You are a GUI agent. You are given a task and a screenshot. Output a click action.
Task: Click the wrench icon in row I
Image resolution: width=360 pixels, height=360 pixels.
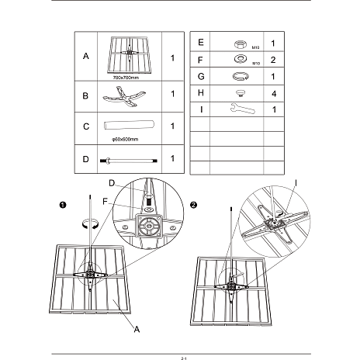click(x=243, y=109)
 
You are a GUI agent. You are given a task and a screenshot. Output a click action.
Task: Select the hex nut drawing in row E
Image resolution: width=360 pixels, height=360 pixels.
click(x=241, y=44)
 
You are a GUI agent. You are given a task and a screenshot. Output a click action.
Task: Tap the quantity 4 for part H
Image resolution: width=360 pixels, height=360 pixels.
click(x=274, y=94)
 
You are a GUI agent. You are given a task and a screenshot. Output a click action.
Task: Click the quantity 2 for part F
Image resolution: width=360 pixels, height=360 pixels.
click(x=273, y=60)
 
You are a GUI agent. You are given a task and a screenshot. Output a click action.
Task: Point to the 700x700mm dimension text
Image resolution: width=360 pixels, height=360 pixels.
click(x=126, y=78)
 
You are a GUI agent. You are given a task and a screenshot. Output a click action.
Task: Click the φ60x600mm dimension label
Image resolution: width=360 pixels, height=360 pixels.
click(x=125, y=140)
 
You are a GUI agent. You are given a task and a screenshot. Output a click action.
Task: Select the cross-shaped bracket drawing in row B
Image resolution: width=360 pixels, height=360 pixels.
click(x=124, y=96)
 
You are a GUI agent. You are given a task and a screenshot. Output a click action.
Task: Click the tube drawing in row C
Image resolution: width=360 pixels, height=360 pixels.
click(x=129, y=125)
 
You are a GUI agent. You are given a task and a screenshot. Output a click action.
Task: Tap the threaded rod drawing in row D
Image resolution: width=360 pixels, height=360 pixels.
click(x=129, y=161)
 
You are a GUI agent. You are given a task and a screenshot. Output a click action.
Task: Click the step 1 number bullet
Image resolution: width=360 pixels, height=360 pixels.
click(x=63, y=205)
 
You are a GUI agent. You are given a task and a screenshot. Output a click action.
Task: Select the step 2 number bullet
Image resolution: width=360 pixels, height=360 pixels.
click(x=193, y=205)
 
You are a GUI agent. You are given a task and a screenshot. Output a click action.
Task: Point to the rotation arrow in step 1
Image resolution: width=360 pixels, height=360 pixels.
click(x=90, y=223)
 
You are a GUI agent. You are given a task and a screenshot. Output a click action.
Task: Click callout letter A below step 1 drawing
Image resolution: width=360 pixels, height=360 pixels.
click(x=137, y=329)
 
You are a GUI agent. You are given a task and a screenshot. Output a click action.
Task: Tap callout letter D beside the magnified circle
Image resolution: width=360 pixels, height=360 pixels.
click(x=112, y=183)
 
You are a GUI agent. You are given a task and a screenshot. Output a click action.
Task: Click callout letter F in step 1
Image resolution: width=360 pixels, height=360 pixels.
click(x=105, y=202)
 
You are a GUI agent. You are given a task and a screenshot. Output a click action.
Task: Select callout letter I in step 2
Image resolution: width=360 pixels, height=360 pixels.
click(x=296, y=183)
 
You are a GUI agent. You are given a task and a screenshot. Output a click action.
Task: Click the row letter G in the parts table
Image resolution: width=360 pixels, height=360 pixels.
click(x=201, y=77)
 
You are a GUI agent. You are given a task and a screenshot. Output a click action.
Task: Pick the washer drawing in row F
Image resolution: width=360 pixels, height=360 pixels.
click(x=241, y=59)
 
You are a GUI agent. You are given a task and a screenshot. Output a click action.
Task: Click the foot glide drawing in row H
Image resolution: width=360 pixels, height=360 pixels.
click(x=241, y=93)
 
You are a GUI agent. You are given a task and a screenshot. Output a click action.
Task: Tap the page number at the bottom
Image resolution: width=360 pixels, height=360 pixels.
click(x=184, y=358)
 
